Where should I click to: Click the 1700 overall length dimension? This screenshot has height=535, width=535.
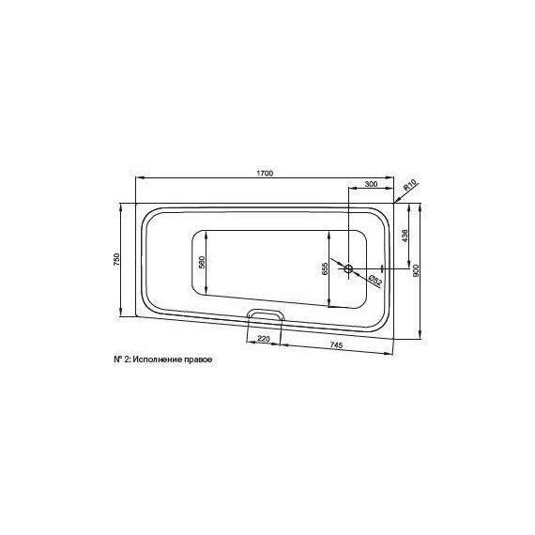click(x=265, y=174)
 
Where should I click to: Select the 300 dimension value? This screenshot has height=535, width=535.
click(x=371, y=184)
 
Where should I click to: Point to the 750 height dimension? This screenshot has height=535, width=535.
click(x=116, y=260)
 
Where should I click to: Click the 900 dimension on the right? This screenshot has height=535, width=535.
click(x=415, y=271)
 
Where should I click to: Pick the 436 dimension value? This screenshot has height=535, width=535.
click(x=405, y=236)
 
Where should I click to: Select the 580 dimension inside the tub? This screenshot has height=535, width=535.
click(x=202, y=263)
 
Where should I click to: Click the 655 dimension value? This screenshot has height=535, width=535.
click(x=324, y=268)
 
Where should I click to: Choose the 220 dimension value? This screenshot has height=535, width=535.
click(x=264, y=339)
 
